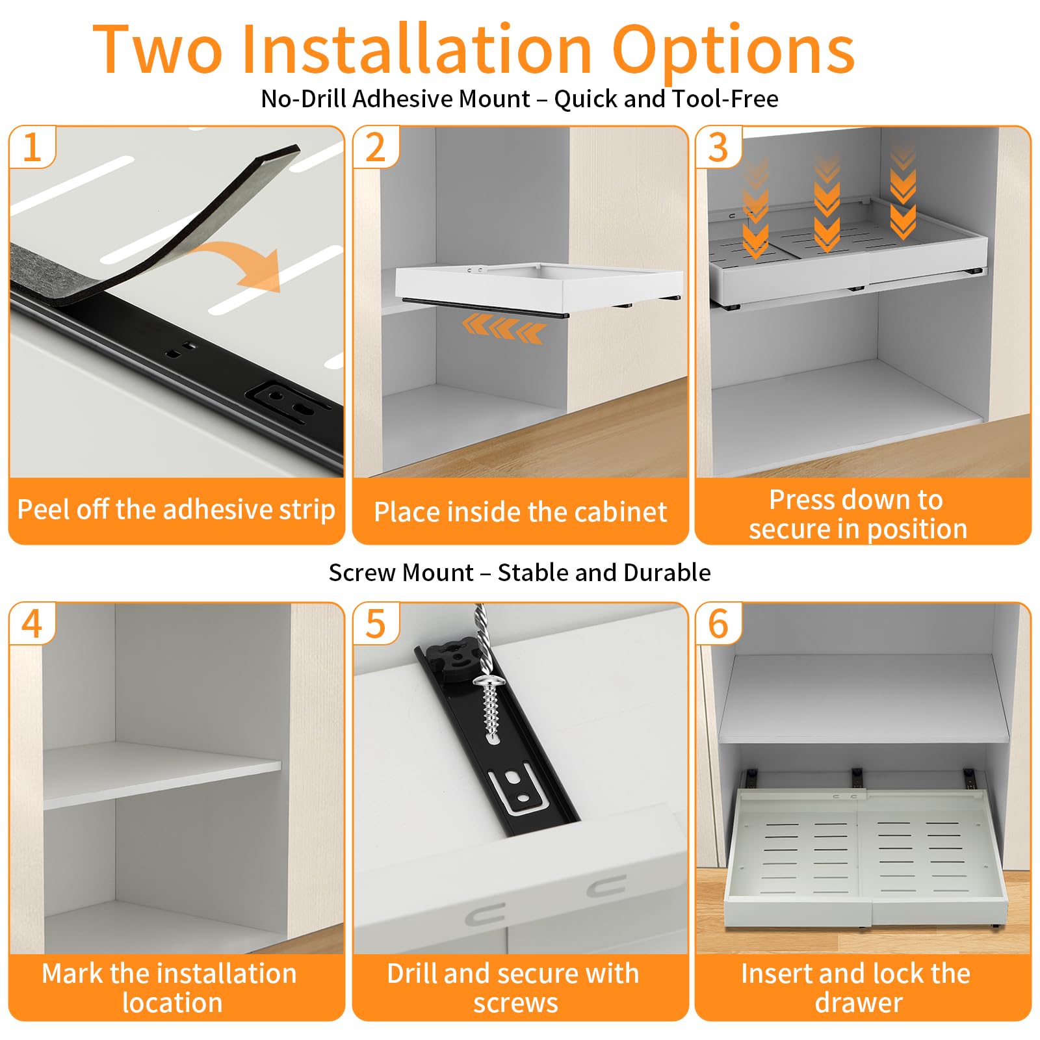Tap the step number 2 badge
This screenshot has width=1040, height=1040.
[x=376, y=147]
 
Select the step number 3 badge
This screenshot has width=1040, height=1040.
[x=718, y=147]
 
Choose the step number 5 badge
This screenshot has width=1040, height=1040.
[x=376, y=623]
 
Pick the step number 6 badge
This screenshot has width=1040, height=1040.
[x=718, y=623]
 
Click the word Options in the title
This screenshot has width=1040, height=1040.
[x=734, y=51]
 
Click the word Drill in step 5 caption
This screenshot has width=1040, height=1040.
[x=412, y=973]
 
